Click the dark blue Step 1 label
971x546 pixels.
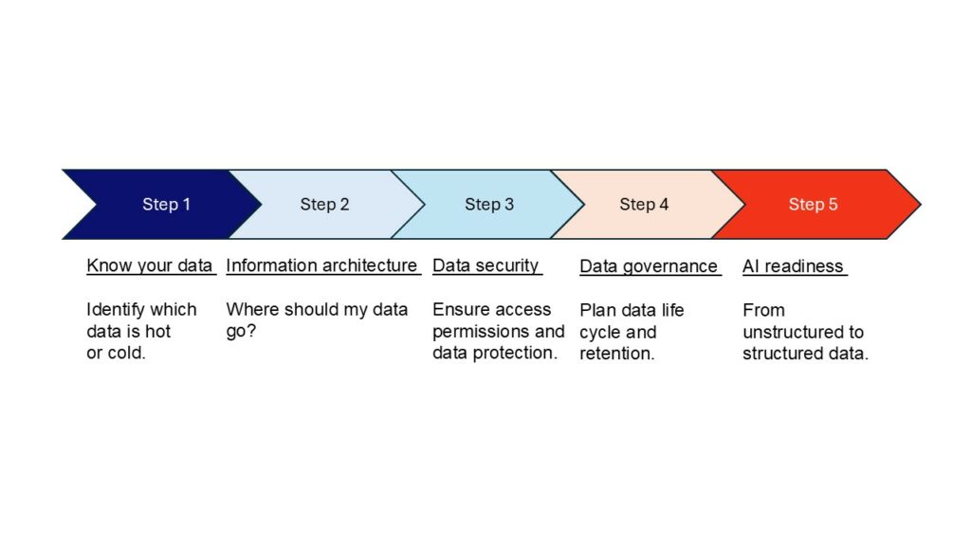(166, 205)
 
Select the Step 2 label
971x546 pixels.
(324, 205)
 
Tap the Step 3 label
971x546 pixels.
(489, 205)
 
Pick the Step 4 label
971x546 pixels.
(644, 205)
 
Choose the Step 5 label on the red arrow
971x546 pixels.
(813, 205)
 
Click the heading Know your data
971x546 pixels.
(149, 265)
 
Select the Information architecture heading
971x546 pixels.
(321, 265)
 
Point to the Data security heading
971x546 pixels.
(485, 265)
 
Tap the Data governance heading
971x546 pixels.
(649, 266)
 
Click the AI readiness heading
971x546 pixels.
(794, 266)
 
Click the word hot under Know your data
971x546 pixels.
(157, 331)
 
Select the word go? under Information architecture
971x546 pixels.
(241, 331)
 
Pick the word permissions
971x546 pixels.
(481, 331)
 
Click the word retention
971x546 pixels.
(616, 354)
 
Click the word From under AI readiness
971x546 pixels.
(763, 310)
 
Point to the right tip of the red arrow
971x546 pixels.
(921, 205)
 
